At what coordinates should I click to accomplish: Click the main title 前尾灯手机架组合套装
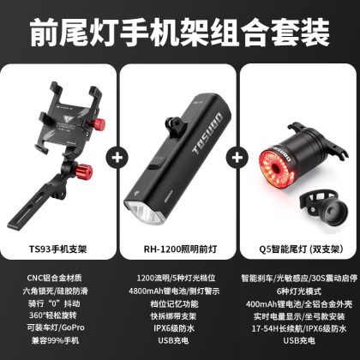[180, 33]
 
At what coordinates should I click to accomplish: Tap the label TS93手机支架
[57, 249]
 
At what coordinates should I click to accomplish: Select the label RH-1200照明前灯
[180, 249]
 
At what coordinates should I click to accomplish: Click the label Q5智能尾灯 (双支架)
[301, 249]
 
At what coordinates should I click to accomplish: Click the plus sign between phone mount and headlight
[117, 158]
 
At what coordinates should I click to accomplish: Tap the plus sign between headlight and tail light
[237, 158]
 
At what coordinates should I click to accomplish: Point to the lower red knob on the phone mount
[85, 171]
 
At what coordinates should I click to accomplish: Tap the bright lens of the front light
[144, 213]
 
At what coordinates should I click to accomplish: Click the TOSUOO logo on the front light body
[207, 134]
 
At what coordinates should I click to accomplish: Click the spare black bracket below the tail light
[323, 208]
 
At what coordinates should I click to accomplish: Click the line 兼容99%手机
[56, 340]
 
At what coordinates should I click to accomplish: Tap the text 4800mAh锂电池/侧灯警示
[174, 291]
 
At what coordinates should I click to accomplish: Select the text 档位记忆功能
[174, 303]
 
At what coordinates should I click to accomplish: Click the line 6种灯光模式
[299, 291]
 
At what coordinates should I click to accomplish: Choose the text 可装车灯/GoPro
[56, 327]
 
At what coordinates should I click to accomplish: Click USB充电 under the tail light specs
[299, 340]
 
